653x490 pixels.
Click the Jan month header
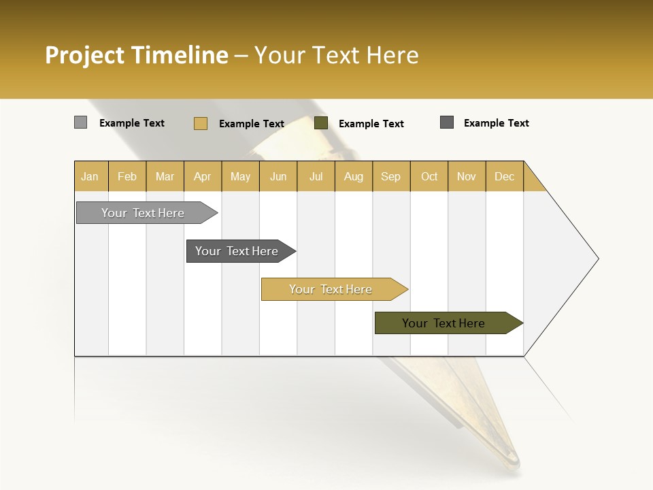(90, 176)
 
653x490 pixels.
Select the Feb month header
(127, 176)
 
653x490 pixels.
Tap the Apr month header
(203, 176)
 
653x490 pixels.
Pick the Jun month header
(278, 176)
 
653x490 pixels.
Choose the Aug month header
(354, 176)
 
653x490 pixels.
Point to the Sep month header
(391, 176)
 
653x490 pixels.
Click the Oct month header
(429, 176)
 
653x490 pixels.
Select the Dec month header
(505, 176)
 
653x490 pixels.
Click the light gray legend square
(81, 122)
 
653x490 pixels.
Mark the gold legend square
(201, 123)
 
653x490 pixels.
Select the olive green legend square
(321, 123)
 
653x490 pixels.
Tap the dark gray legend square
(447, 122)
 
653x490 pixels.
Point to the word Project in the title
(84, 55)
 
